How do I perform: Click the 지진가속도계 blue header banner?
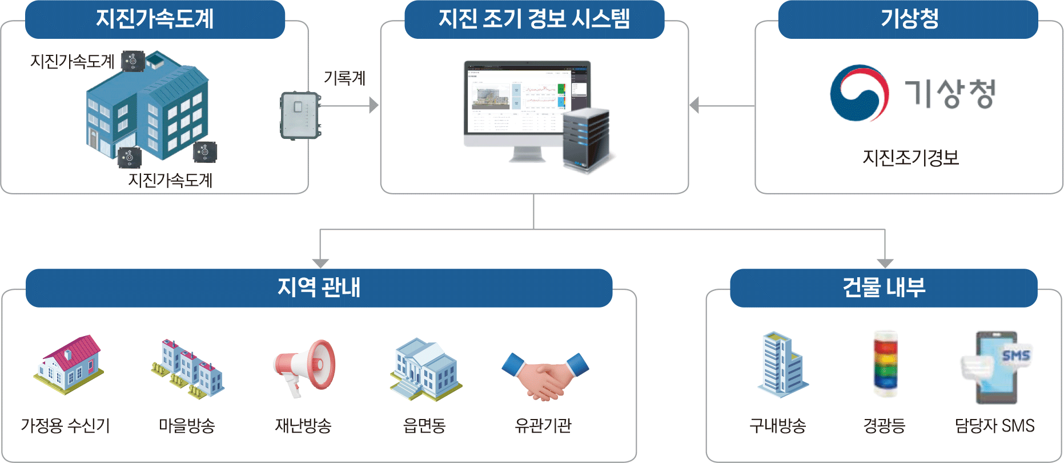pos(155,19)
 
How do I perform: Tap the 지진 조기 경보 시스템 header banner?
pos(534,19)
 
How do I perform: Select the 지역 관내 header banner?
pos(319,288)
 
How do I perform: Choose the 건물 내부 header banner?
pos(884,288)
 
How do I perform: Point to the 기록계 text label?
pos(344,78)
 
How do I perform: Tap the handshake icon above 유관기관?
pos(545,374)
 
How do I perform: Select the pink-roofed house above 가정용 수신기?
pos(69,364)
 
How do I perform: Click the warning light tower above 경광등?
pos(885,364)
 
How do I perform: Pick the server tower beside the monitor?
pos(586,140)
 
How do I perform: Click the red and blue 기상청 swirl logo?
pos(859,93)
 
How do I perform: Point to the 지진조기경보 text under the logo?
pos(910,158)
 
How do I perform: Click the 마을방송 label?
pos(187,425)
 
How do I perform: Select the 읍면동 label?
pos(424,425)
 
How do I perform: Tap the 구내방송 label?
pos(777,425)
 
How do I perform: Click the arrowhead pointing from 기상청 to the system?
pos(694,105)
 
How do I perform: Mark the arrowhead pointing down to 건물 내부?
pos(885,263)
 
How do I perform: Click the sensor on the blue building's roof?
pos(134,61)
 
